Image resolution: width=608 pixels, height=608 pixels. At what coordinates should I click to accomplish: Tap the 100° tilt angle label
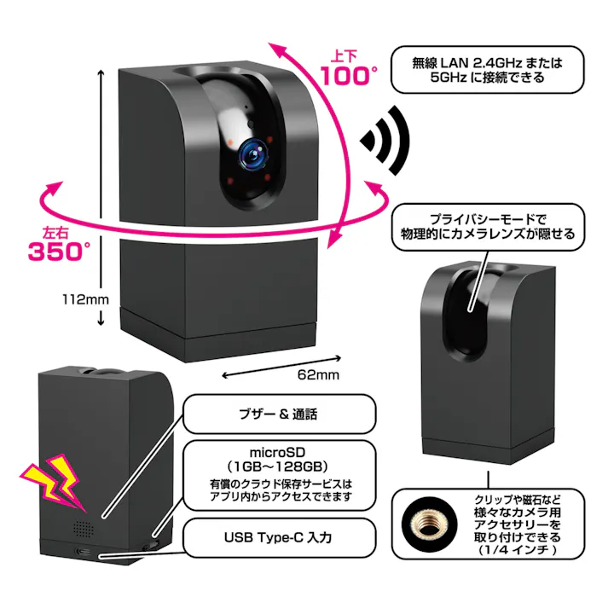pos(349,76)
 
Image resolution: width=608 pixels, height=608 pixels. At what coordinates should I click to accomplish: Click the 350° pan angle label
pos(59,252)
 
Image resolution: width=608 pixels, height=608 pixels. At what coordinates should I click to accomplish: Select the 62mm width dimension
pos(316,374)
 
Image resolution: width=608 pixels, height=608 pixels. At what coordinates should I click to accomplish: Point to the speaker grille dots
pos(83,529)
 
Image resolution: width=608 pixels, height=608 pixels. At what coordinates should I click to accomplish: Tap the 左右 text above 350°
pos(51,230)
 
